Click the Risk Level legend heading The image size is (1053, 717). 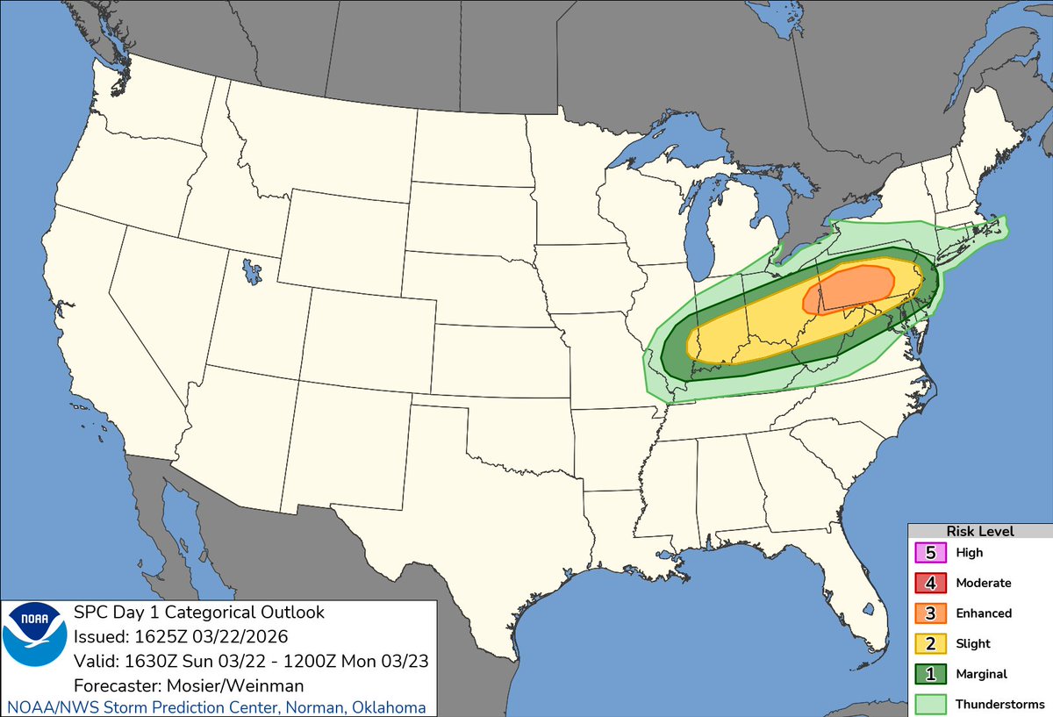pos(979,532)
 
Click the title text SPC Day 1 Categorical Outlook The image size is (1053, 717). pos(199,612)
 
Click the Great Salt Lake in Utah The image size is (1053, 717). pos(253,269)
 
